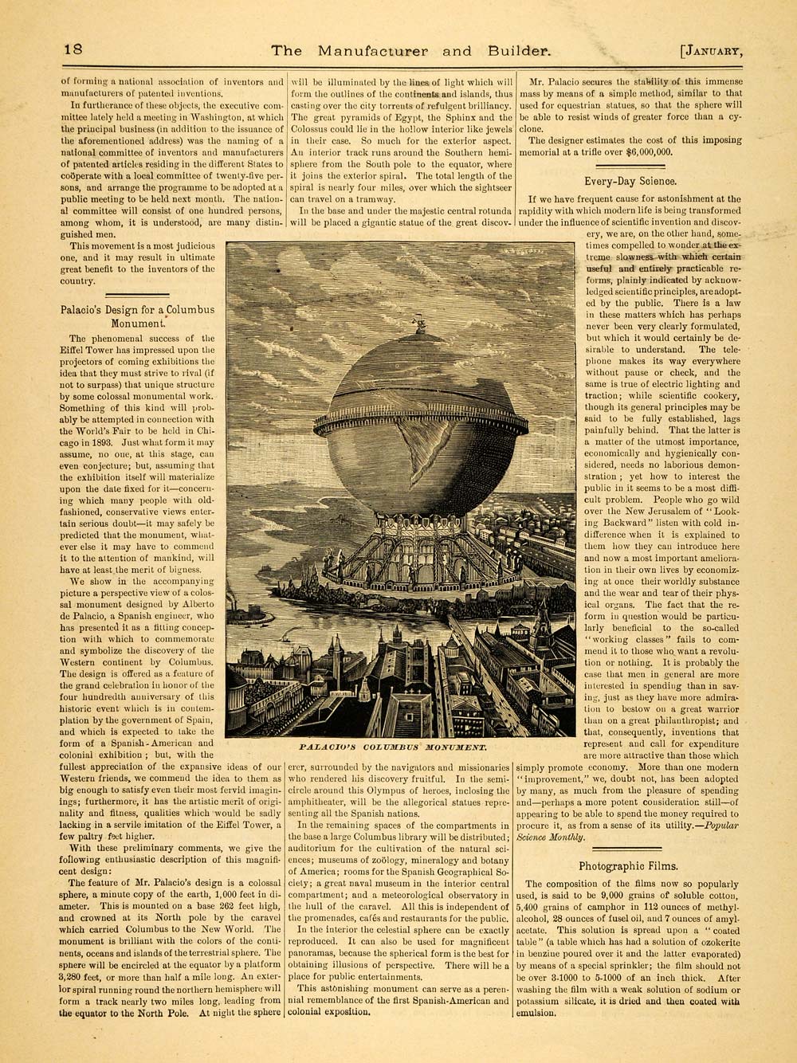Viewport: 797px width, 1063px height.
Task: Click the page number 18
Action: pos(73,49)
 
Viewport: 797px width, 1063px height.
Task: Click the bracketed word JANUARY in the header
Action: pos(713,51)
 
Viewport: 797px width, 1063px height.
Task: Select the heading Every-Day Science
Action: pos(630,181)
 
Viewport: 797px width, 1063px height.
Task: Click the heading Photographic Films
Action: pos(629,866)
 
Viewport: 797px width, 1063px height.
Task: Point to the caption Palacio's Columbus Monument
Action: pos(394,748)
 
